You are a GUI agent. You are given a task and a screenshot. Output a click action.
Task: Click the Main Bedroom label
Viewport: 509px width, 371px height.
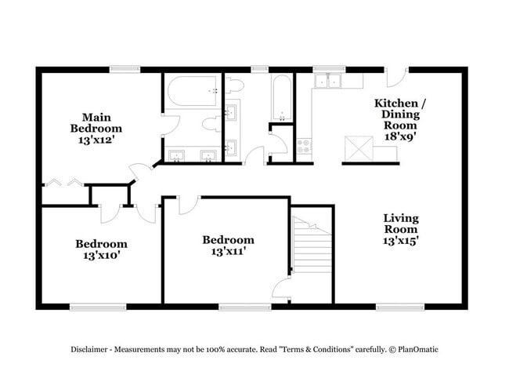(x=96, y=122)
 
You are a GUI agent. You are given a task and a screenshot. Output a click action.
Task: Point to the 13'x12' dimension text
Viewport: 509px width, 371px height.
(x=97, y=140)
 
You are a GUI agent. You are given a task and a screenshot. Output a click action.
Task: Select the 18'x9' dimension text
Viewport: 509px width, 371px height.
(x=400, y=136)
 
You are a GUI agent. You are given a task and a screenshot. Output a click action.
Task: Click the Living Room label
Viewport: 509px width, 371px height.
(x=401, y=224)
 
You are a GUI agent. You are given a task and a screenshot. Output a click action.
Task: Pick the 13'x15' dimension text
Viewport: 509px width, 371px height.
(x=400, y=241)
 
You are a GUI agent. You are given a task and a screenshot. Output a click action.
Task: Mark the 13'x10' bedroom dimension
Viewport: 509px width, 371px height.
(x=102, y=255)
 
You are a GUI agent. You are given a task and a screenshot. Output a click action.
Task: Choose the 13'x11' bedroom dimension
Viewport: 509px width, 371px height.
(x=228, y=251)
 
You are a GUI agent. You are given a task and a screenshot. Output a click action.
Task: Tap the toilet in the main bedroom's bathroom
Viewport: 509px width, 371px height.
(x=211, y=124)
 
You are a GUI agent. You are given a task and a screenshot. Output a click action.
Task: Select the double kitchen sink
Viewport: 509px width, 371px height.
(x=328, y=81)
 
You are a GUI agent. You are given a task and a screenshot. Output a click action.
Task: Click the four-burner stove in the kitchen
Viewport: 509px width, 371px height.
(x=304, y=147)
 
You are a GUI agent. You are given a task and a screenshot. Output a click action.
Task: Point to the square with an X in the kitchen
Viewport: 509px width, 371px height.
(x=359, y=148)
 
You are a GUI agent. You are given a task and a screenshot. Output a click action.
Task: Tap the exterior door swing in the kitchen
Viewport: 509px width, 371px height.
(x=397, y=78)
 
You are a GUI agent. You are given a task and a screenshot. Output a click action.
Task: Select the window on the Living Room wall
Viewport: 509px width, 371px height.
(x=400, y=307)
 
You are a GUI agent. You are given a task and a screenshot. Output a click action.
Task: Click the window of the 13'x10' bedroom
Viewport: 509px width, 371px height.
(x=98, y=307)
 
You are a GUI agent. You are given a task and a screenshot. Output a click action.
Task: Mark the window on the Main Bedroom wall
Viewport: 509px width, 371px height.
(x=125, y=70)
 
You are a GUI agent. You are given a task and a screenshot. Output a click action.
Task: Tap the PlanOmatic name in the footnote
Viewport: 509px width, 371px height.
(x=418, y=350)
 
